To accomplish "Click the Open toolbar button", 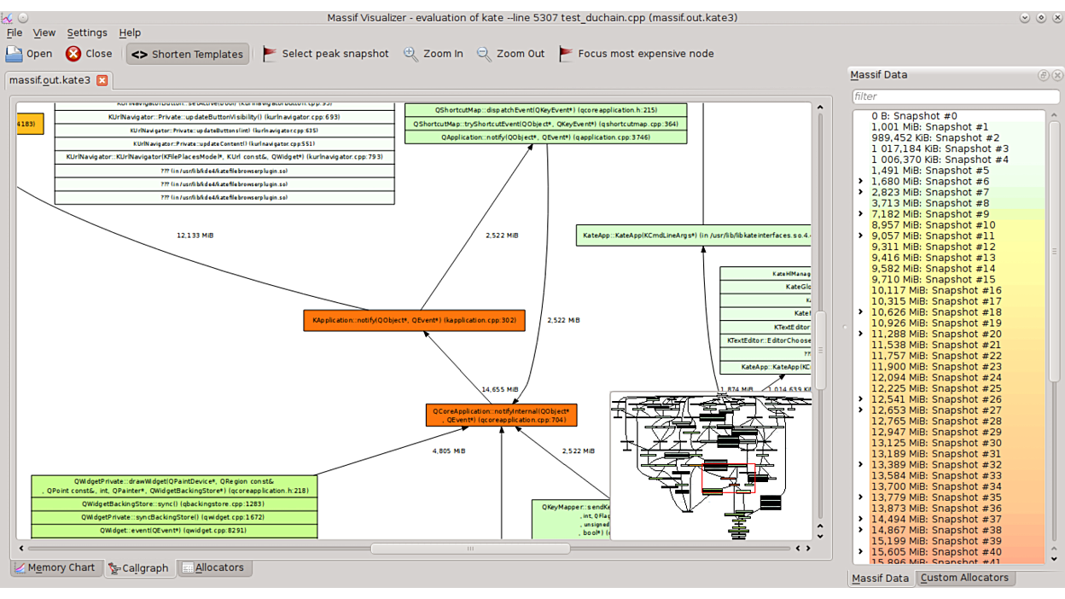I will point(29,54).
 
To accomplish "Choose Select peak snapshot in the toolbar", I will point(325,54).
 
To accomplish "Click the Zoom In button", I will point(434,54).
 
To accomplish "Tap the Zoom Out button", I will point(510,54).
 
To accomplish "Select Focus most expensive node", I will point(636,54).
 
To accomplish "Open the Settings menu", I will point(87,32).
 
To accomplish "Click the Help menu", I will point(130,32).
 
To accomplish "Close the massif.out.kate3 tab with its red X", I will point(102,80).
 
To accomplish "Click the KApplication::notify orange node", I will point(414,321).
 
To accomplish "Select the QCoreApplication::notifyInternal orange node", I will point(501,416).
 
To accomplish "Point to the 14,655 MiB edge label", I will point(499,389).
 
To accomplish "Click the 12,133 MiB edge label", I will point(195,236).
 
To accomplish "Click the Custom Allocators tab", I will point(964,578).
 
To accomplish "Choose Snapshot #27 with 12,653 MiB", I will point(936,410).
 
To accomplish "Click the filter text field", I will point(947,96).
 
